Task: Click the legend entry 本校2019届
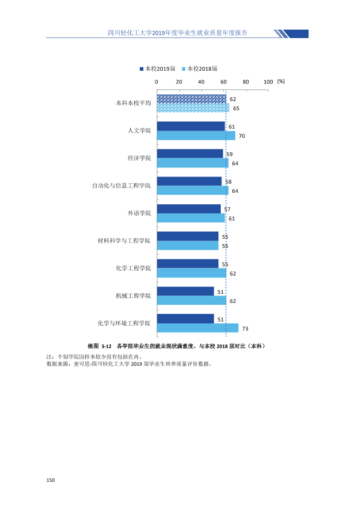click(157, 68)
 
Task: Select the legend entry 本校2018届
click(200, 68)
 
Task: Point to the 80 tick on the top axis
click(246, 82)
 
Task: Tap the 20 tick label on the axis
click(179, 82)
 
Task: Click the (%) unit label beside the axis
click(281, 81)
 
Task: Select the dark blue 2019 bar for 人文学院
click(191, 126)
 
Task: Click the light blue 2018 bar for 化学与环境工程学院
click(197, 328)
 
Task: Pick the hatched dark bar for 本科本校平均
click(192, 99)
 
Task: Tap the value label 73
click(245, 328)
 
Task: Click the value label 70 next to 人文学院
click(242, 135)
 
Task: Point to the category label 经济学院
click(139, 158)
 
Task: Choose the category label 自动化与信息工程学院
click(122, 186)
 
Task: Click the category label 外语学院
click(139, 213)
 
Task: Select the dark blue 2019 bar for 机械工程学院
click(186, 291)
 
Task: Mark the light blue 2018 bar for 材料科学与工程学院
click(188, 245)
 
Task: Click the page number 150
click(50, 480)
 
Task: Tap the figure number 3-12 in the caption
click(106, 346)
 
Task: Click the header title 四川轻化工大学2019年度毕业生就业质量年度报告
click(177, 33)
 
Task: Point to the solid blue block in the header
click(296, 34)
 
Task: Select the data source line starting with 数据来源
click(129, 364)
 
